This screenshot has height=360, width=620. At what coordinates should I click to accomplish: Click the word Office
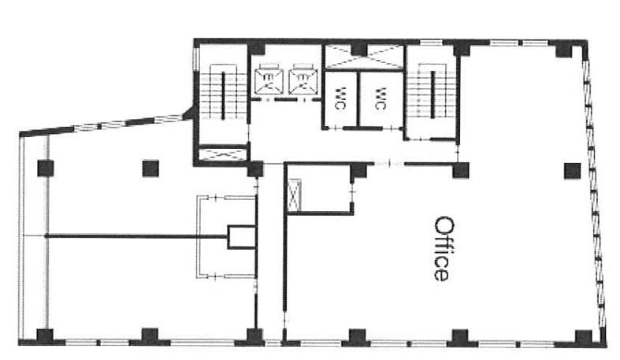pos(441,249)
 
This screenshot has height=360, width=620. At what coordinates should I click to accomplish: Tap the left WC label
pos(340,98)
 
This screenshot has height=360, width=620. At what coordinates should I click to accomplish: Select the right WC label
pos(381,98)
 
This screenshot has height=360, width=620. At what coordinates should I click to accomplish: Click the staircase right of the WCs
pos(432,95)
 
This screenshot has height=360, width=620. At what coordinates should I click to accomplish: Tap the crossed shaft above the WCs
pos(364,58)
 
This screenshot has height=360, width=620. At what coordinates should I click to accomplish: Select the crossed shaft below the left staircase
pos(222,154)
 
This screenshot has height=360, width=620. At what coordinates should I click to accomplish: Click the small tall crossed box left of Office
pos(294,195)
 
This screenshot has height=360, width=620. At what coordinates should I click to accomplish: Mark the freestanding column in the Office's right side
pos(572,171)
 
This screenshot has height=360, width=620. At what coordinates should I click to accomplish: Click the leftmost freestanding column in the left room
pos(46,169)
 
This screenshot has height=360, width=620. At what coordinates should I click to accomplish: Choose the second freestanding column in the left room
pos(150,169)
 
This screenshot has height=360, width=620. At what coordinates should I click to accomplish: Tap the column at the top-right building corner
pos(565,48)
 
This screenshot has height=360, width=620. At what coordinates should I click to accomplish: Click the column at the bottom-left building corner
pos(45,336)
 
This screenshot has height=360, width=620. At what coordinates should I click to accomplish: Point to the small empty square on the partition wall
pos(242,236)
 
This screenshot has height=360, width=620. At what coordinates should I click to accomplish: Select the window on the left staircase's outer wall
pos(195,60)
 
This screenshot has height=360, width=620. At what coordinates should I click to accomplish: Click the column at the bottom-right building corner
pos(584,338)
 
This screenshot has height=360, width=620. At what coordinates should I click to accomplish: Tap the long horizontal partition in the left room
pos(137,236)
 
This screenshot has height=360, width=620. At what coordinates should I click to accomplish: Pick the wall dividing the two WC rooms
pos(358,99)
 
